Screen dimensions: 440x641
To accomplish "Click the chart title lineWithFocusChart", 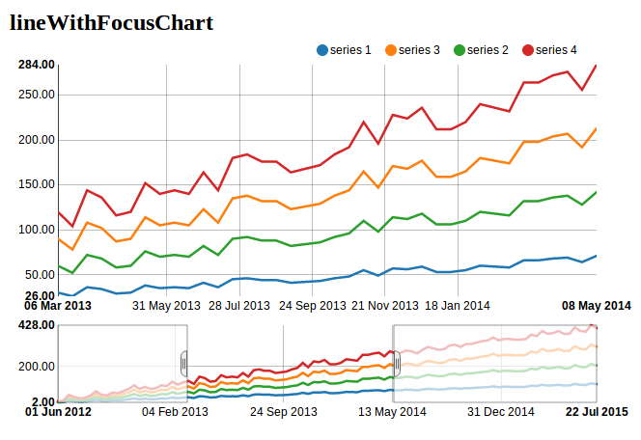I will click(111, 22).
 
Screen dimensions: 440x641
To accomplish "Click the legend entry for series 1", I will click(343, 50).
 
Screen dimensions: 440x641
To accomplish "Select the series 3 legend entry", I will click(412, 50).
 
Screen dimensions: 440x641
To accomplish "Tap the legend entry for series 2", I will click(481, 50).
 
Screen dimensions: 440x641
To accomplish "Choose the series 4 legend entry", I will click(549, 50).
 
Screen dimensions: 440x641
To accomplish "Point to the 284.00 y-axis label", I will click(36, 65).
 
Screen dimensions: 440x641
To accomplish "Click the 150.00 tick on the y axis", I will click(36, 184).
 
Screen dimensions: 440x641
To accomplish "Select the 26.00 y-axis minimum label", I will click(40, 296).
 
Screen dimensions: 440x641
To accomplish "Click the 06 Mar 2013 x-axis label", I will click(58, 306).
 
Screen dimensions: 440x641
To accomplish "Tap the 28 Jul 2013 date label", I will click(240, 306).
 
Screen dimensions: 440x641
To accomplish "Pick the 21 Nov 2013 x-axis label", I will click(384, 306).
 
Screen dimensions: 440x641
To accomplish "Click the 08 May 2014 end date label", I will click(597, 306).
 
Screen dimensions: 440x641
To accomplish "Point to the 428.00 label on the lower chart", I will click(36, 325).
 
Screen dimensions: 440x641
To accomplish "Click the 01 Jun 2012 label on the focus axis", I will click(58, 412).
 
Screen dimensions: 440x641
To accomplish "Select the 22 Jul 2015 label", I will click(597, 412).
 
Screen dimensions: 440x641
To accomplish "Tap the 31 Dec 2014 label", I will click(501, 412).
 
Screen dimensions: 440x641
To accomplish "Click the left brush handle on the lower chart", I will click(185, 364).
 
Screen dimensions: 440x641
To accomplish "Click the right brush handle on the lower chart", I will click(394, 364).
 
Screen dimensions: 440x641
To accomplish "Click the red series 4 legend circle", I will click(528, 50).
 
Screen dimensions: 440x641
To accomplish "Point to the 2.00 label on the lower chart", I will click(42, 401).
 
